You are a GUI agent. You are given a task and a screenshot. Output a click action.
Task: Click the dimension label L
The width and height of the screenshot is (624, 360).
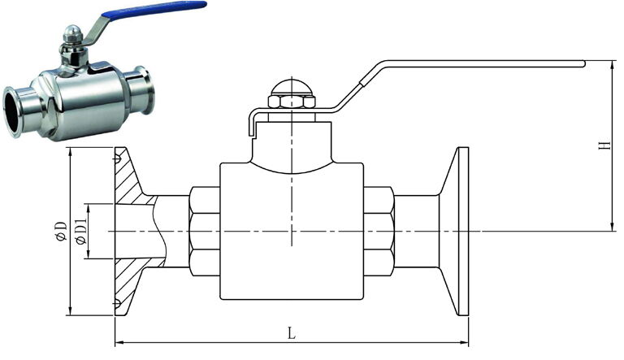pyautogui.click(x=291, y=332)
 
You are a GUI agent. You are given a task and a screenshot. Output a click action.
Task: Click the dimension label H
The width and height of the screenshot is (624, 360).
pyautogui.click(x=602, y=146)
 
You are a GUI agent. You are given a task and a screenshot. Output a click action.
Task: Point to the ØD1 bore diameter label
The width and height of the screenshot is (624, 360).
pyautogui.click(x=80, y=232)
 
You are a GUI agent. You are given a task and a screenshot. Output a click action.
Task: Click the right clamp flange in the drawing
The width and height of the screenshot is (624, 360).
pyautogui.click(x=463, y=232)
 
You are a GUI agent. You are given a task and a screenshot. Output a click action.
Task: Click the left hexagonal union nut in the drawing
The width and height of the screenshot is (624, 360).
pyautogui.click(x=204, y=232)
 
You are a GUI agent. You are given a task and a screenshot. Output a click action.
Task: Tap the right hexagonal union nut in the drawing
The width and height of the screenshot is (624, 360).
pyautogui.click(x=379, y=232)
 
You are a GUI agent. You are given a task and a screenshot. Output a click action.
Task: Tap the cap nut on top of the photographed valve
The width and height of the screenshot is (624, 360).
pyautogui.click(x=71, y=33)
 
